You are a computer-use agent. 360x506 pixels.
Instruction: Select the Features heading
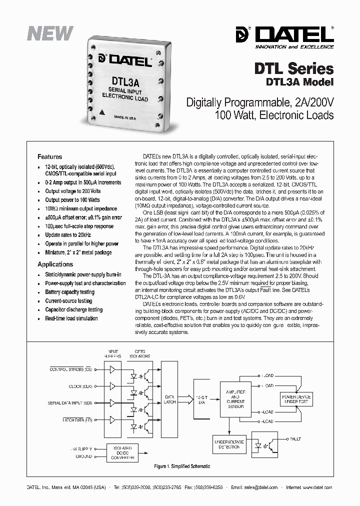click(x=50, y=156)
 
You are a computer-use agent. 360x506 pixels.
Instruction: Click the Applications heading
click(x=55, y=264)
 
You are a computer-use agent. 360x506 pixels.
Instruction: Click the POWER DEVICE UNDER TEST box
click(x=296, y=399)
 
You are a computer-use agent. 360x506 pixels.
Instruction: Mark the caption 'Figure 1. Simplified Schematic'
click(x=182, y=466)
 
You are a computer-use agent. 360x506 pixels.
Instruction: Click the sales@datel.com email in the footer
click(x=261, y=487)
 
